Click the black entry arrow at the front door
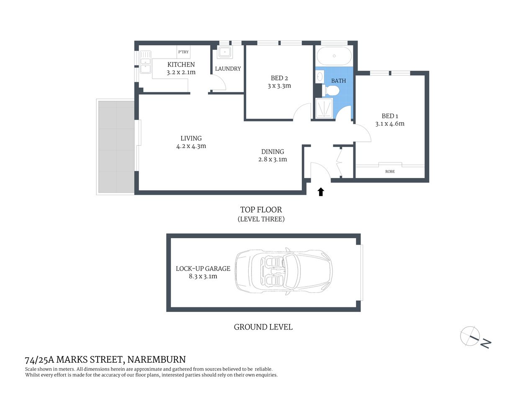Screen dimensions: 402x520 [321, 192]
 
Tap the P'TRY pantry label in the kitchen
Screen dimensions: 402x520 [183, 52]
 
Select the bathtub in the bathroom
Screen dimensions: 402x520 [334, 56]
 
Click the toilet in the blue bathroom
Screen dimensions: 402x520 [332, 90]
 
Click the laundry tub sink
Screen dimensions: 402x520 [225, 52]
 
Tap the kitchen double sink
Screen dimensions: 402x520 [145, 62]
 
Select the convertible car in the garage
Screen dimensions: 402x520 [283, 272]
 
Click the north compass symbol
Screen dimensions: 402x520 [471, 336]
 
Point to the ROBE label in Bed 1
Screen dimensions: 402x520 [390, 171]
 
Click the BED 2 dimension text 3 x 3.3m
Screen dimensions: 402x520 [279, 86]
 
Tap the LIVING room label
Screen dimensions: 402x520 [191, 138]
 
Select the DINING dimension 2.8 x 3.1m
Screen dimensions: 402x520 [273, 159]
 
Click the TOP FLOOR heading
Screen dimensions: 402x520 [261, 210]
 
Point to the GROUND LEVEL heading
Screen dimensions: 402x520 [263, 327]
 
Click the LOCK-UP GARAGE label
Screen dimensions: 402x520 [203, 268]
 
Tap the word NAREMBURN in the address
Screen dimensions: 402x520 [157, 359]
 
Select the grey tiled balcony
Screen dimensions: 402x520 [116, 147]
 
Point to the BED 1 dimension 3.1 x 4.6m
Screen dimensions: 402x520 [390, 124]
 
